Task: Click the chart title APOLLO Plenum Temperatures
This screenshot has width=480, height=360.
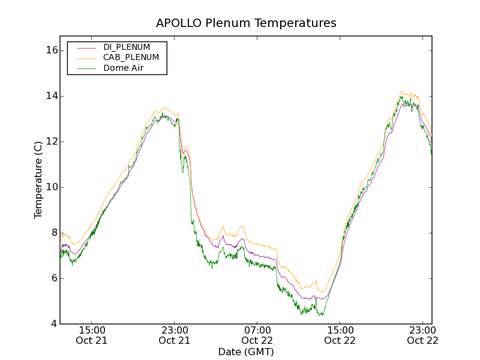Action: point(246,23)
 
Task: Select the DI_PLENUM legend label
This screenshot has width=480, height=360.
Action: point(127,47)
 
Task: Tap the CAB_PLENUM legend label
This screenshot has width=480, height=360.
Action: point(131,58)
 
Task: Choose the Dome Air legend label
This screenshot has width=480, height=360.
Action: point(124,68)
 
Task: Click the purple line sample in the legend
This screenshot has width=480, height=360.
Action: point(86,47)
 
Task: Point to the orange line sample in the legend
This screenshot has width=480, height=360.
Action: point(86,58)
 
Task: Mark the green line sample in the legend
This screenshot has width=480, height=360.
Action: point(86,69)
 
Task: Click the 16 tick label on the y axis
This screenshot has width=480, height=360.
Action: point(51,50)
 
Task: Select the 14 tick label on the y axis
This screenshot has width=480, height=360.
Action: point(51,96)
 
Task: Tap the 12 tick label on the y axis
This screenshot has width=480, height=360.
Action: point(51,142)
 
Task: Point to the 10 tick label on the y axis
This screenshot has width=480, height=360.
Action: point(51,187)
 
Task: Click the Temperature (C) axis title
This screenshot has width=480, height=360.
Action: point(38,180)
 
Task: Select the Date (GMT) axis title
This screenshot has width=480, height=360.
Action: point(246,352)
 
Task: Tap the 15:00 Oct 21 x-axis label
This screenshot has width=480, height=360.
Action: point(92,335)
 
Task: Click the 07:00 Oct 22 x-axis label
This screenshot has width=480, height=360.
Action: point(257,335)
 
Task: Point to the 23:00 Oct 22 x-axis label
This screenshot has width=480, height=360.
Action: point(423,335)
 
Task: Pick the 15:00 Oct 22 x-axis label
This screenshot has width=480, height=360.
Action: point(340,335)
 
